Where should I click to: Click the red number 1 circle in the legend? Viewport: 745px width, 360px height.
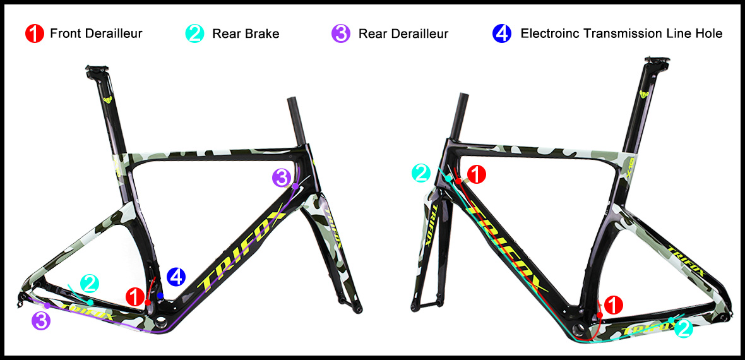35,33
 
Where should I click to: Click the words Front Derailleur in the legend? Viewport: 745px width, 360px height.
96,33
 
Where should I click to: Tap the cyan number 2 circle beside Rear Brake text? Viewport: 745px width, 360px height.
194,33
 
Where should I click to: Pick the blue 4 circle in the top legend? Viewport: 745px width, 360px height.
502,33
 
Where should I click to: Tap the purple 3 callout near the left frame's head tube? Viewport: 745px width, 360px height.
282,178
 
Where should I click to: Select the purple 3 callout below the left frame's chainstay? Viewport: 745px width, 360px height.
41,320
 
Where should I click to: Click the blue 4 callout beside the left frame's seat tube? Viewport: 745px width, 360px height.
176,277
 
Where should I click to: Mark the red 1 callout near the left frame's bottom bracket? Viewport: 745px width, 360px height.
135,297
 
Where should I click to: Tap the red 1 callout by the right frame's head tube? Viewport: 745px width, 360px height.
477,174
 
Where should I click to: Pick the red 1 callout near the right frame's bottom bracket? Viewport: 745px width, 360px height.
613,304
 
